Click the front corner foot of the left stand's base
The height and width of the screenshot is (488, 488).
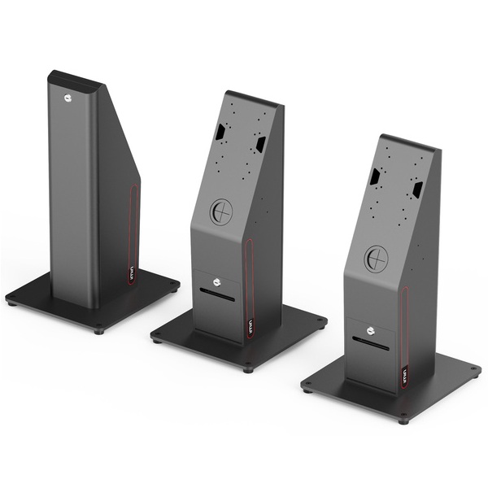click(98, 330)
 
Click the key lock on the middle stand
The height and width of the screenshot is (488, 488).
click(216, 282)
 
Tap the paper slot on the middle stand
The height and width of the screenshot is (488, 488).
click(218, 296)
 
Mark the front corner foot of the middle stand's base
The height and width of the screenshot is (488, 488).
click(248, 369)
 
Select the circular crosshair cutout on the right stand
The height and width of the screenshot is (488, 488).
click(376, 259)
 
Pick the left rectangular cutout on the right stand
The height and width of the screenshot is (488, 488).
click(377, 176)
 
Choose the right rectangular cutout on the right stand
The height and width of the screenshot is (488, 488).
click(416, 189)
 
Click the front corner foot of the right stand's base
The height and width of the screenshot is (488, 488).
click(404, 420)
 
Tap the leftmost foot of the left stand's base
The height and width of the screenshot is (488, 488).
click(11, 303)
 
